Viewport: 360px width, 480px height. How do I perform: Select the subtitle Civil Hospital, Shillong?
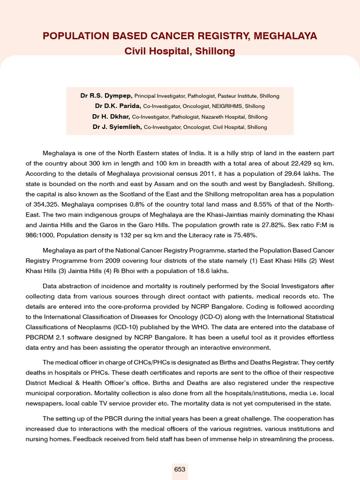pyautogui.click(x=180, y=51)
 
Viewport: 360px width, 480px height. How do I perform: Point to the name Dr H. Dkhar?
pyautogui.click(x=111, y=116)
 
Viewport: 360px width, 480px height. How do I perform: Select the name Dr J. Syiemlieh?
pyautogui.click(x=117, y=127)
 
